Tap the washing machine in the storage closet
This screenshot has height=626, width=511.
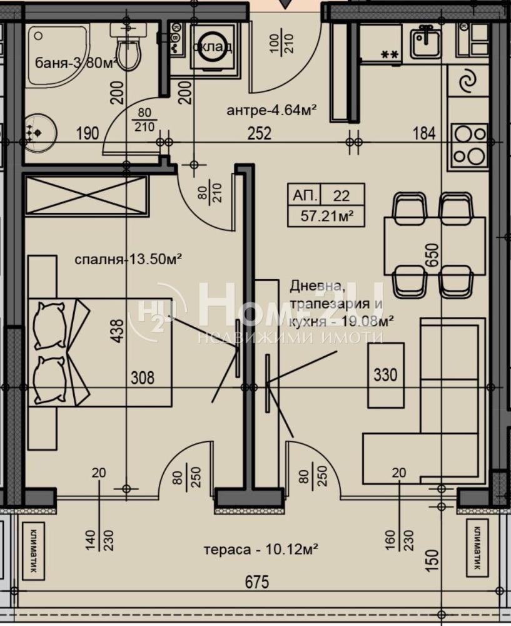(213, 47)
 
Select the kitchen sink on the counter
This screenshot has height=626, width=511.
(426, 42)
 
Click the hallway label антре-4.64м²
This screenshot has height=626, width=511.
(271, 111)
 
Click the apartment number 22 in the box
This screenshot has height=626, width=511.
(342, 195)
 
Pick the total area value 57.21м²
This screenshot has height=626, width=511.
(324, 217)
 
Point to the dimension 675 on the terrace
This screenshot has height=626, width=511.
(256, 583)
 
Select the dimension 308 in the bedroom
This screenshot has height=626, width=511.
(142, 377)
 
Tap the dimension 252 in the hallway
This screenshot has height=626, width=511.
(258, 133)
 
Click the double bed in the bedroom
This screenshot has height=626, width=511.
(100, 352)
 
